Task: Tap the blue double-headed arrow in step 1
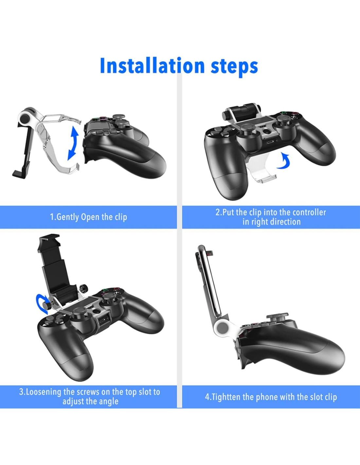[73, 143]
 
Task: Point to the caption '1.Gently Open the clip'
[88, 217]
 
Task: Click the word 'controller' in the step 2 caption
[309, 213]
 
